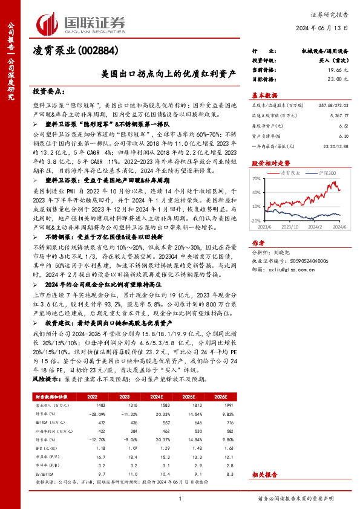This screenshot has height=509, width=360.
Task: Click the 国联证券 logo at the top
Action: click(82, 23)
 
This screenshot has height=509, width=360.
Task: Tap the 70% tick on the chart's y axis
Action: click(257, 180)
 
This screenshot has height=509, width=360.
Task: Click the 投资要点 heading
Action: click(48, 91)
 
